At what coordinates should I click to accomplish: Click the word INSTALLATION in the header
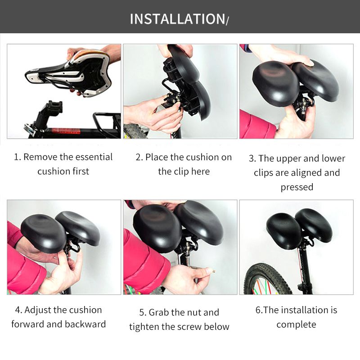tap(177, 19)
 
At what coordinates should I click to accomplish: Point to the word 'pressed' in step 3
tap(297, 187)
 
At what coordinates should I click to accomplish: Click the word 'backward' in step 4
tap(85, 324)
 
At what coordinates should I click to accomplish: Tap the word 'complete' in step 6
tap(296, 325)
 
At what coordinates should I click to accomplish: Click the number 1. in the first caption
tap(18, 157)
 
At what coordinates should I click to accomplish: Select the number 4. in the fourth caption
tap(18, 310)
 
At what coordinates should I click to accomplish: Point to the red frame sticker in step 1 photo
tap(66, 131)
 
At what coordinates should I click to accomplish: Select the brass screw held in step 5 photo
tap(213, 271)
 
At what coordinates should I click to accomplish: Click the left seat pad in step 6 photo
tap(284, 230)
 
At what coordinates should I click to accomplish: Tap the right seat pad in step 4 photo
tap(78, 228)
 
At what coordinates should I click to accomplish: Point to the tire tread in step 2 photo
tap(134, 131)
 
